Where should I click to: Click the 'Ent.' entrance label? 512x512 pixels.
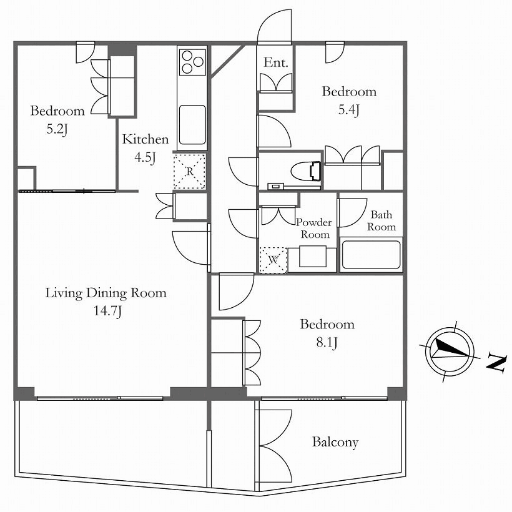click(276, 62)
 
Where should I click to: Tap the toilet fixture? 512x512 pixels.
click(306, 171)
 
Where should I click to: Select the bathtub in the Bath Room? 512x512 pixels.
click(371, 255)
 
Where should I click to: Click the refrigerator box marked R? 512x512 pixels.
click(189, 171)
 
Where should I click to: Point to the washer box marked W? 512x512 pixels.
click(273, 260)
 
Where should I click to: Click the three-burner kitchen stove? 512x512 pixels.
click(193, 61)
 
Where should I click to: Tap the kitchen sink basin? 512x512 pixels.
click(192, 125)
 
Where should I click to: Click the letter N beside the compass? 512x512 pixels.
click(496, 362)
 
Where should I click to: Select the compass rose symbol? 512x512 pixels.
click(450, 351)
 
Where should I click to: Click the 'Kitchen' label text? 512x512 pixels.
click(145, 139)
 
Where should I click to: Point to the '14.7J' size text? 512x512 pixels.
click(108, 310)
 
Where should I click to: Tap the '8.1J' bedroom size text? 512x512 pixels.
click(327, 343)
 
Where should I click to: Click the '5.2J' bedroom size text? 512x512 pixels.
click(57, 129)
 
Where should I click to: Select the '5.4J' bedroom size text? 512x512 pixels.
click(349, 110)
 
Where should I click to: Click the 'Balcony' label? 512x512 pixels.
click(335, 443)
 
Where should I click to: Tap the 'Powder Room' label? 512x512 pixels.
click(314, 229)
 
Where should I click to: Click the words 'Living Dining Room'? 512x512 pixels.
click(106, 293)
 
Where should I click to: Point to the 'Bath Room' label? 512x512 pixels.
click(382, 220)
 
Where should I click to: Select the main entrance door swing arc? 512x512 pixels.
click(274, 26)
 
